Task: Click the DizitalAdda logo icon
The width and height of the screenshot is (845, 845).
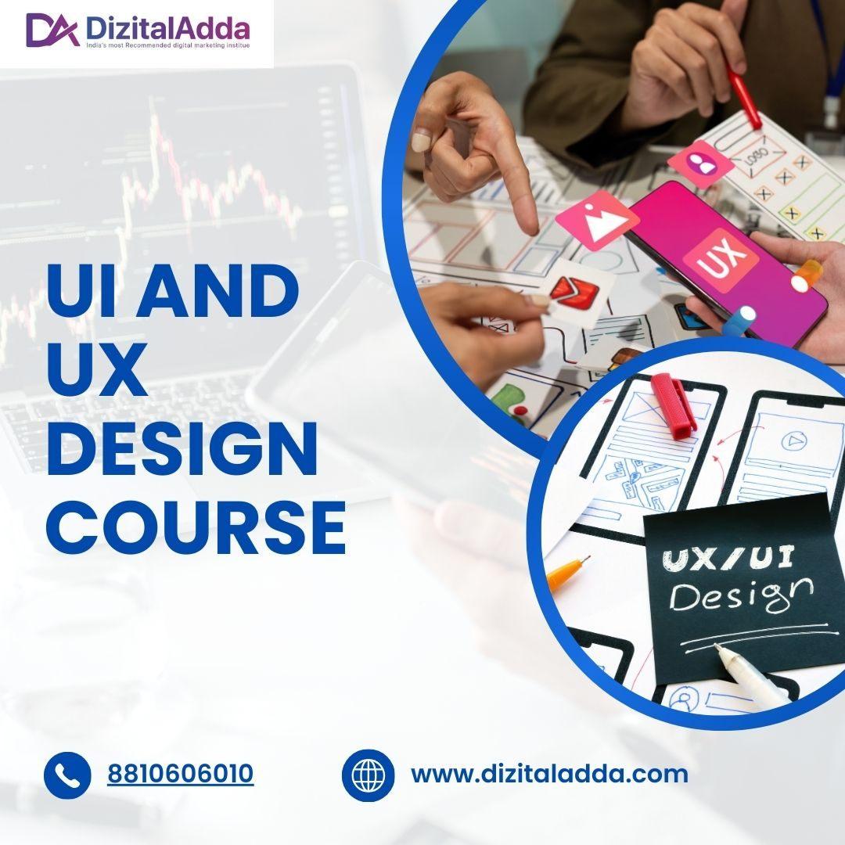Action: click(x=52, y=30)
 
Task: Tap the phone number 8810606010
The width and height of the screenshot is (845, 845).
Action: click(x=180, y=775)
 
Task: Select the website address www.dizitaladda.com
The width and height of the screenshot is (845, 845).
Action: click(x=549, y=775)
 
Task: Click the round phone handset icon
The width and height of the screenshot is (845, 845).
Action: click(x=67, y=775)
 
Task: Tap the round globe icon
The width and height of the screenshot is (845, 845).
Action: click(x=367, y=775)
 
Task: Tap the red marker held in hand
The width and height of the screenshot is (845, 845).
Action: click(x=744, y=97)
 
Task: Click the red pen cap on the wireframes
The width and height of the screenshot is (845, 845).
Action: click(x=674, y=403)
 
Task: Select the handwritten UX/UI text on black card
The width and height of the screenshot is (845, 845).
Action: click(x=728, y=558)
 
